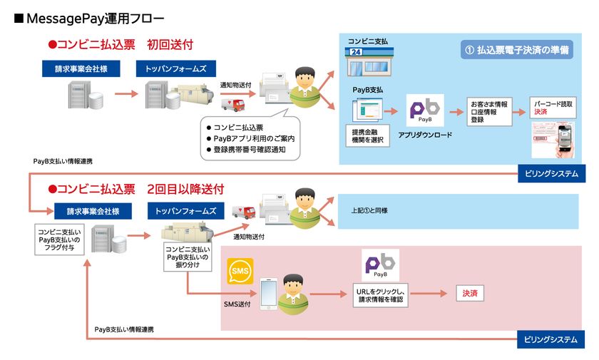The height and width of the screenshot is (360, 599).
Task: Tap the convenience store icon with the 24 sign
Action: click(363, 65)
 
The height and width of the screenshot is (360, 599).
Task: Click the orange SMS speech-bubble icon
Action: click(240, 271)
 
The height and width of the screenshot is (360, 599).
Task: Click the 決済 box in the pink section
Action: click(469, 293)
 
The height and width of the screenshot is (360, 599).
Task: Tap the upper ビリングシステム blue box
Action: click(552, 173)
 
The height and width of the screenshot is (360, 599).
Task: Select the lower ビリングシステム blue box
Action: click(552, 339)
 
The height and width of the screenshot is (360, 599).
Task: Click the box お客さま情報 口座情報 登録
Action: click(491, 111)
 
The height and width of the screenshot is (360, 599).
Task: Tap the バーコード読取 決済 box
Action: click(553, 108)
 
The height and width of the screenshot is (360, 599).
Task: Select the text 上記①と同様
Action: click(369, 211)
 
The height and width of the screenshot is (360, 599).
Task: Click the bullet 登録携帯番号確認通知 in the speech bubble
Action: click(249, 149)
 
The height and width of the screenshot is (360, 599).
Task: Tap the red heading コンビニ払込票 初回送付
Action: click(120, 44)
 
